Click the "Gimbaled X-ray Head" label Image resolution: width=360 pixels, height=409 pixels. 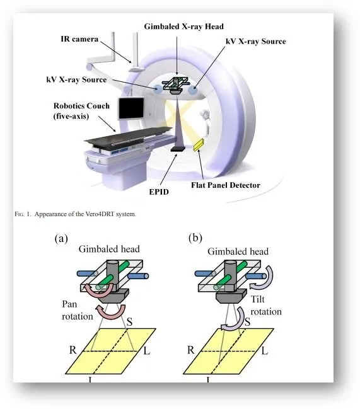tap(183, 26)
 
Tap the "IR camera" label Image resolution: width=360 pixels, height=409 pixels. tap(79, 39)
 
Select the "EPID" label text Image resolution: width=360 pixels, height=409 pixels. tap(159, 192)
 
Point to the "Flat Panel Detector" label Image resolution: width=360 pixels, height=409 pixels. tap(226, 185)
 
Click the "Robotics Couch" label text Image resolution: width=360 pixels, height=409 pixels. tap(81, 106)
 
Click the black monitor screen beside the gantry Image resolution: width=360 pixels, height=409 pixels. tap(131, 108)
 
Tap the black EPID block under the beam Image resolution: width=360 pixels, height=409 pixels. tap(178, 149)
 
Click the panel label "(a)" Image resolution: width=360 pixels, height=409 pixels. tap(61, 238)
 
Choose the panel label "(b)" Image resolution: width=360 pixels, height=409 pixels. tap(195, 238)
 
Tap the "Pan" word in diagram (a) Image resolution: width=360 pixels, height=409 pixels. tap(69, 304)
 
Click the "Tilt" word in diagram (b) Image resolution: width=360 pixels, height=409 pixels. tap(257, 299)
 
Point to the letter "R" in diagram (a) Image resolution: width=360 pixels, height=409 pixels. tap(73, 350)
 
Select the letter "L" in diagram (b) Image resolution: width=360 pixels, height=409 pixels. tap(265, 351)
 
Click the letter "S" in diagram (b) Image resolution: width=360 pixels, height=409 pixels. tap(247, 321)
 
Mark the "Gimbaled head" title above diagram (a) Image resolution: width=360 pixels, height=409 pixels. tap(109, 249)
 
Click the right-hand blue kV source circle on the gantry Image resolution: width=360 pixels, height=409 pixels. tap(192, 90)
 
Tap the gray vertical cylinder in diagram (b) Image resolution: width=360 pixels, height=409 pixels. tap(231, 275)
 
